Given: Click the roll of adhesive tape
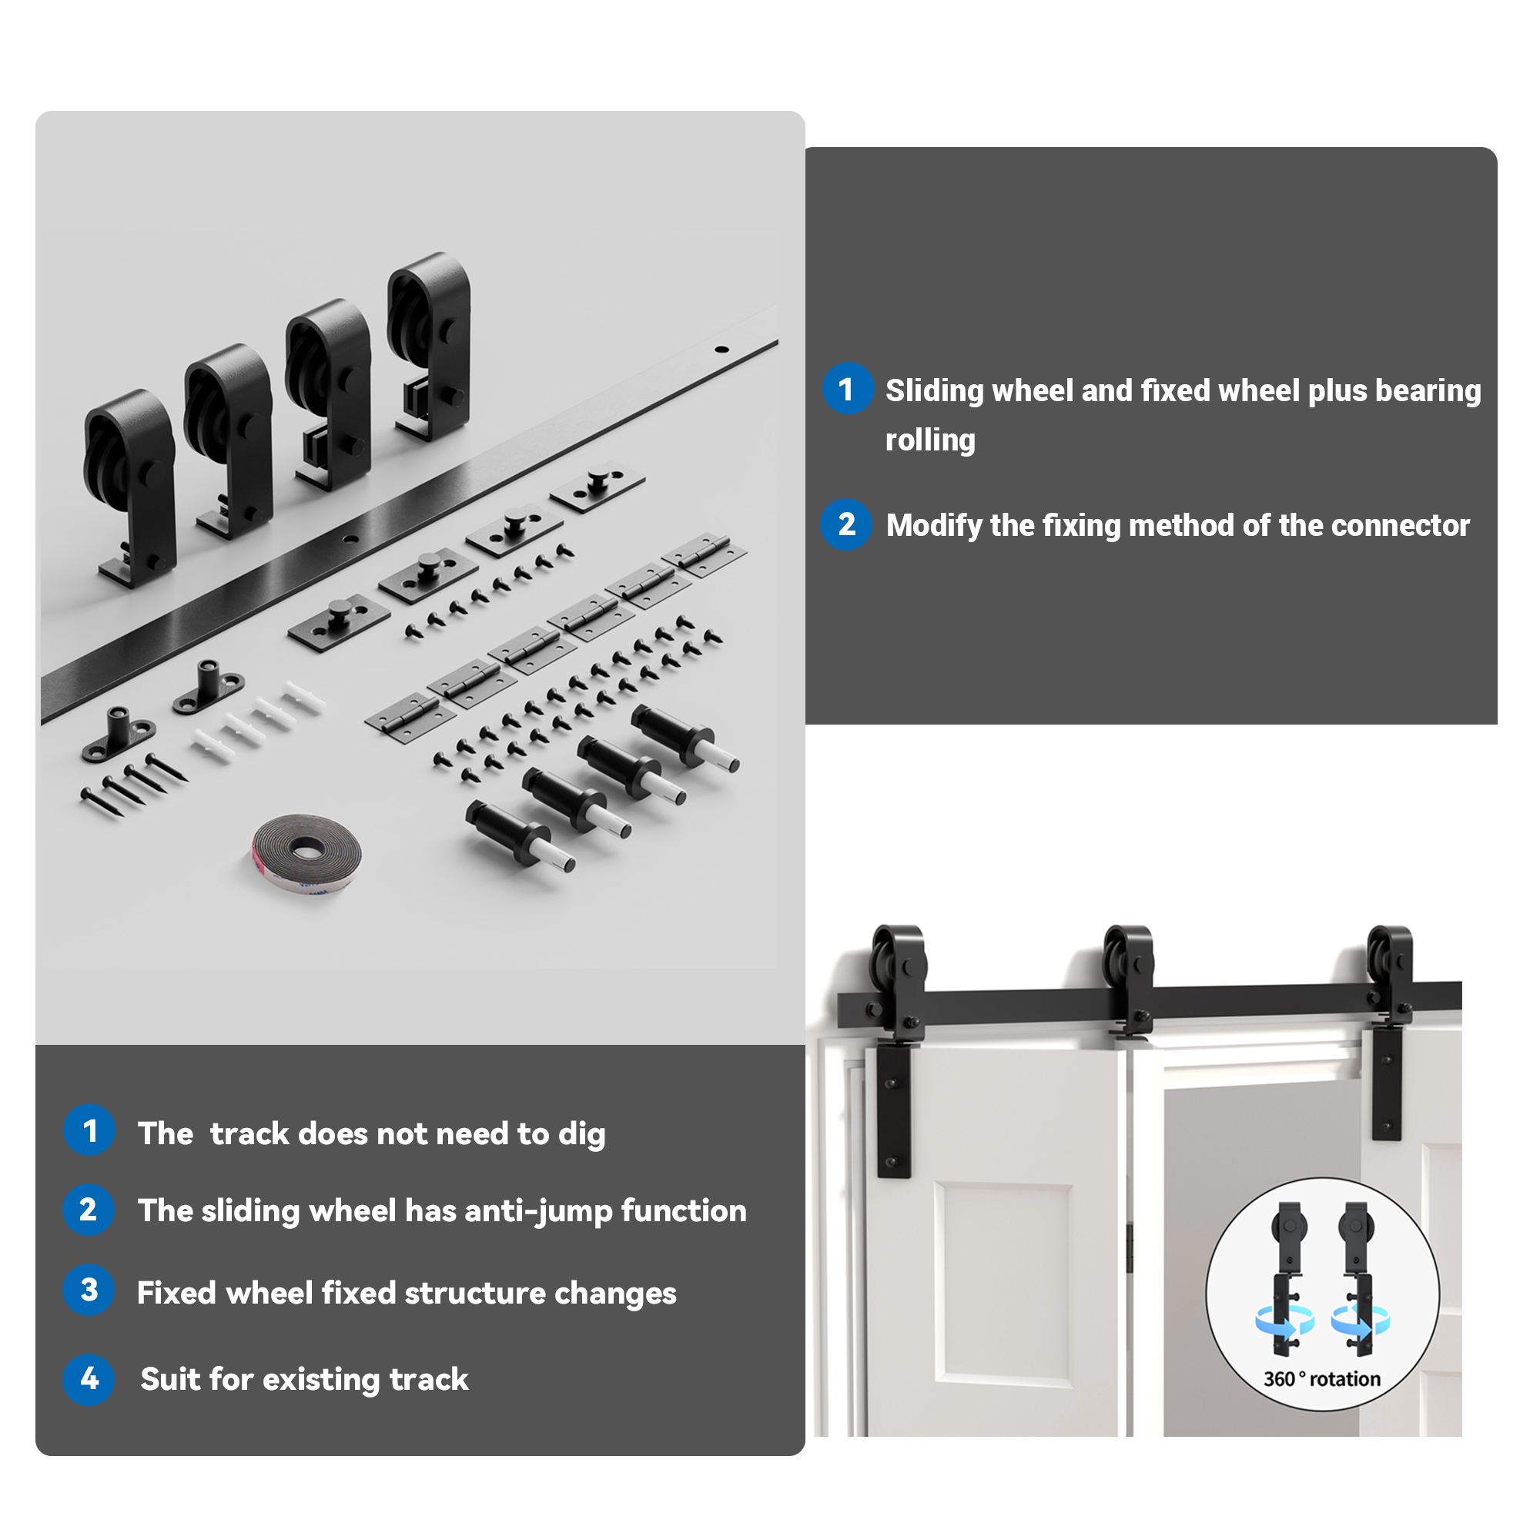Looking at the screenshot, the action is coord(307,852).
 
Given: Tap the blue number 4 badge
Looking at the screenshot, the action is coord(89,1379).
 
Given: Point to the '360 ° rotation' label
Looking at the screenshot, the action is coord(1321,1379).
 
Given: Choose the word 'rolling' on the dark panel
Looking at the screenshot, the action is coord(930,440).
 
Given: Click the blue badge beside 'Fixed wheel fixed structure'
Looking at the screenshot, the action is coord(89,1291).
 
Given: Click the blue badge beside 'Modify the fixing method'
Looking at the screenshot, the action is coord(846,524).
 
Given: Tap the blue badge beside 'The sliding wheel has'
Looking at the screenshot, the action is coord(89,1210).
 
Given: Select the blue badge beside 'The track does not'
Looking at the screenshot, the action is coord(89,1130).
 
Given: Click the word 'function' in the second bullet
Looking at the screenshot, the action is coord(684,1211).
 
